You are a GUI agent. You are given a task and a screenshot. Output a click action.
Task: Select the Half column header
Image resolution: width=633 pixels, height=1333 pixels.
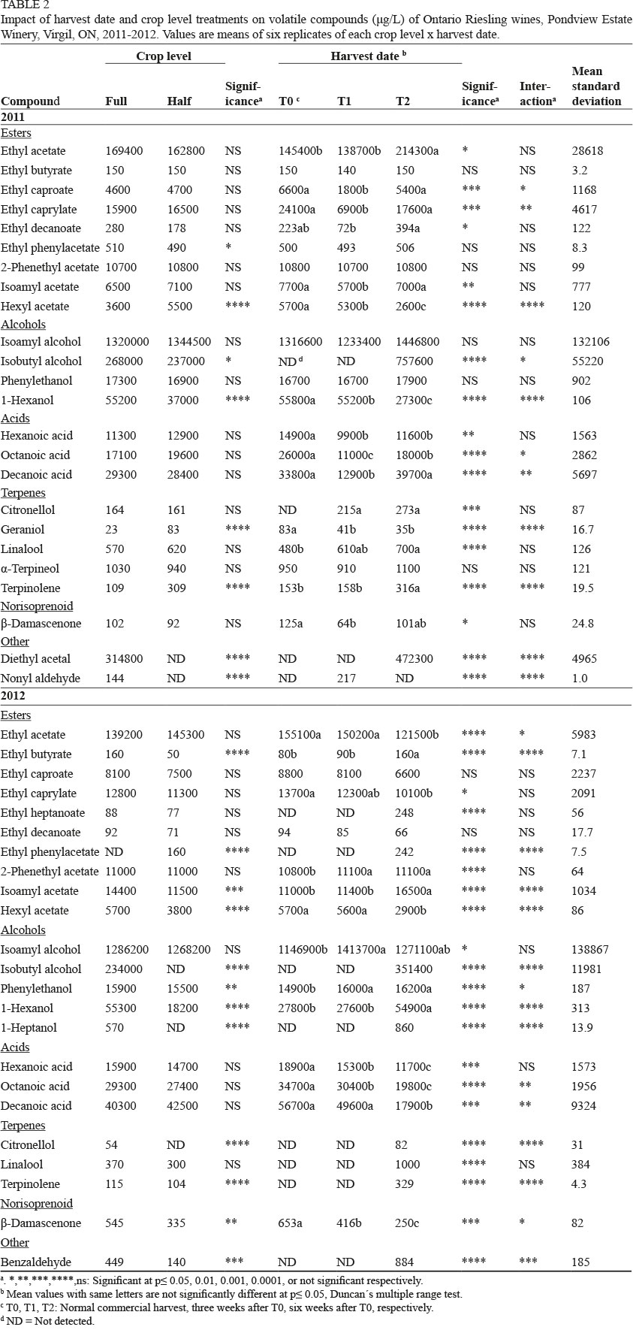[x=179, y=101]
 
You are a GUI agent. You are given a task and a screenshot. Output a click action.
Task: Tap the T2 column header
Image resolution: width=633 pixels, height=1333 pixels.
[x=403, y=101]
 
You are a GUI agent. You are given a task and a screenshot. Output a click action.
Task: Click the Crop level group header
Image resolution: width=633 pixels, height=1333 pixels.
[x=164, y=56]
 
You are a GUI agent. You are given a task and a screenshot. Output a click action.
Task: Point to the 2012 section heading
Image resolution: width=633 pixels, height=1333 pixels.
[x=13, y=697]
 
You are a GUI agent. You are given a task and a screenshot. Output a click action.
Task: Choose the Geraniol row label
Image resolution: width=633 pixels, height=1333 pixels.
[x=23, y=530]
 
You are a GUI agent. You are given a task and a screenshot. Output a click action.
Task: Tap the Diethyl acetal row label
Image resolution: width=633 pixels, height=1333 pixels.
[x=35, y=659]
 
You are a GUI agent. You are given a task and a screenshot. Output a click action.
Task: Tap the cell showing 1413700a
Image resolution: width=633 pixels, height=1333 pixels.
[x=361, y=950]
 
